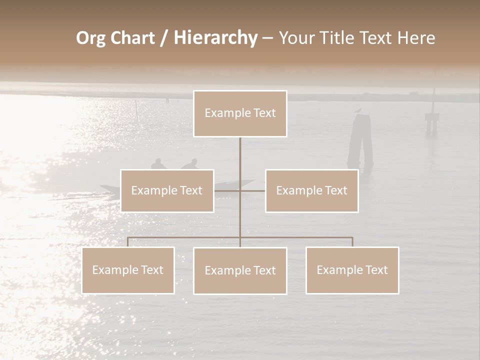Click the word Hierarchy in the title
(215, 38)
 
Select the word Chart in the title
(132, 38)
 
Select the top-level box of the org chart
(240, 113)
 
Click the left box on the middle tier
(167, 190)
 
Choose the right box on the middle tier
(311, 190)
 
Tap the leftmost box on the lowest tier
(128, 270)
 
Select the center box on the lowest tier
(240, 270)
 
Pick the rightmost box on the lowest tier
(352, 270)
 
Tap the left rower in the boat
(158, 164)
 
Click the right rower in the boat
(190, 164)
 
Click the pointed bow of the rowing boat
(249, 182)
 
